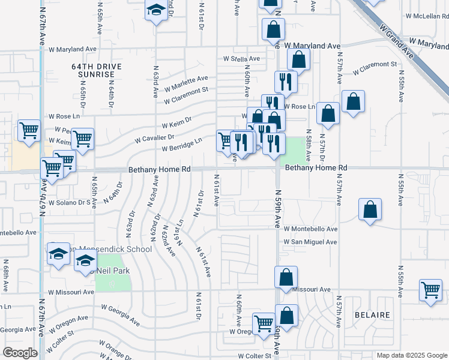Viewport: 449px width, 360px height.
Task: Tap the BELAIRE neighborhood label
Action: pyautogui.click(x=372, y=315)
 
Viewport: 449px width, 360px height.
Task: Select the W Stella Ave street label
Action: pyautogui.click(x=241, y=59)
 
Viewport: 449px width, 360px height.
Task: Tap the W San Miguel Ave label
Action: pyautogui.click(x=310, y=242)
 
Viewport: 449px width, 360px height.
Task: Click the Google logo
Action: pyautogui.click(x=20, y=353)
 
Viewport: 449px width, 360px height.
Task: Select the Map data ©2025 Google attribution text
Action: pyautogui.click(x=412, y=355)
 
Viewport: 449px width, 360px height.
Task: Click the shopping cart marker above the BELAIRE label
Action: pyautogui.click(x=430, y=290)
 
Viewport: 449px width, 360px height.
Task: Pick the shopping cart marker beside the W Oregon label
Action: pyautogui.click(x=264, y=324)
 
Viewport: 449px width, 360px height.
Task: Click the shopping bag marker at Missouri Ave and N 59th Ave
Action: pyautogui.click(x=286, y=277)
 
